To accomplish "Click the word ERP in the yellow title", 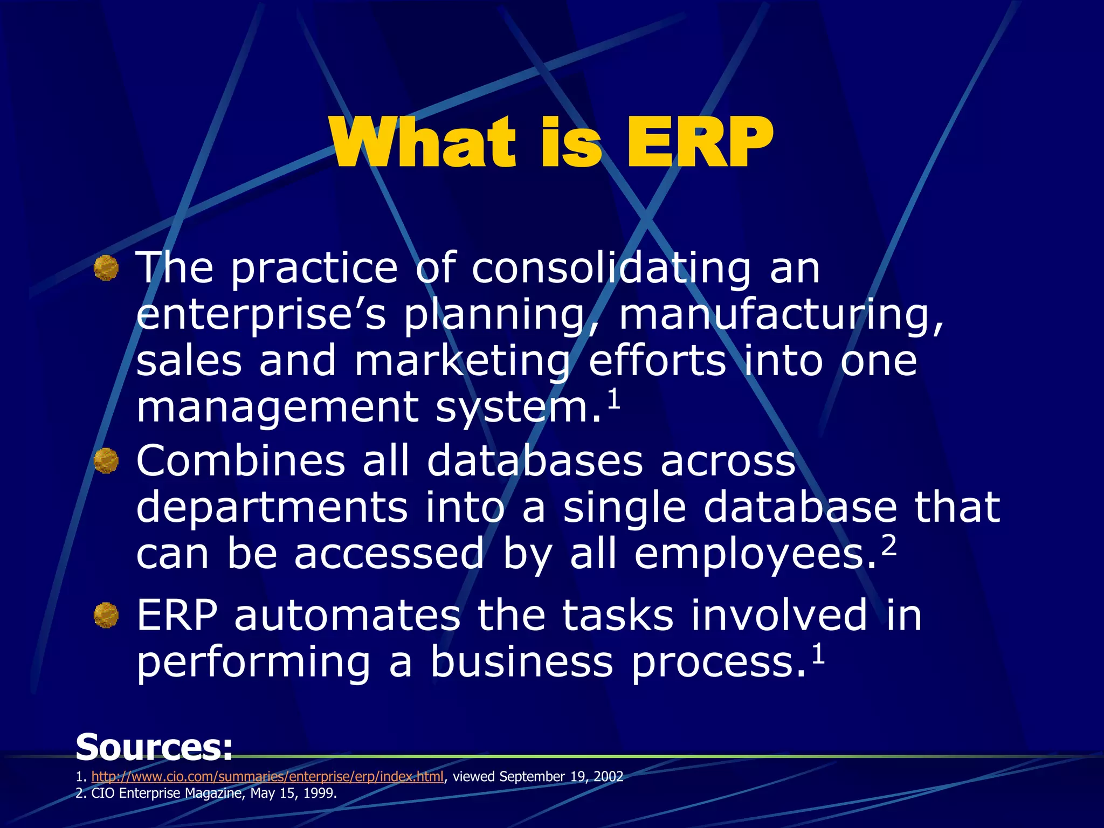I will point(699,143).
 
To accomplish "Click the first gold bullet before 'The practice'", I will point(106,268).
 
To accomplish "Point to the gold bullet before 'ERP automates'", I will point(106,615).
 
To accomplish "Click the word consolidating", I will point(611,269).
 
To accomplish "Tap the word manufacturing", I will point(781,315).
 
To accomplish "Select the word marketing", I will point(463,362).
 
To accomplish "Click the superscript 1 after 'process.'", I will point(818,654).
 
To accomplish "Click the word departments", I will point(272,508).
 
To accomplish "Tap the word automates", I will point(347,616).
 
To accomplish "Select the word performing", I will point(253,663).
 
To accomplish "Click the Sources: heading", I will point(154,747).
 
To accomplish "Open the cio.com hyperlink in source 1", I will point(267,777).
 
